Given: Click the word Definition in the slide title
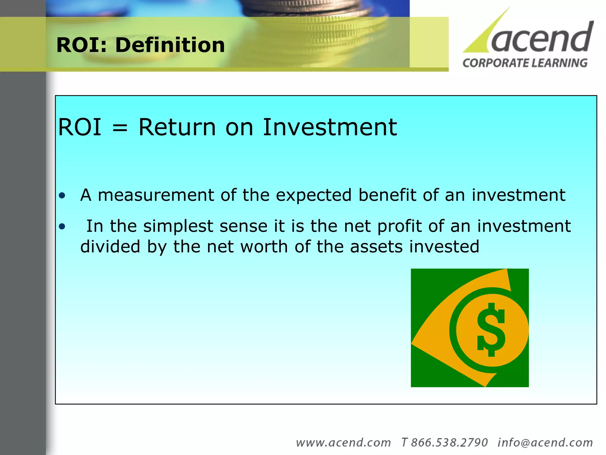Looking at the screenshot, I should pyautogui.click(x=170, y=45).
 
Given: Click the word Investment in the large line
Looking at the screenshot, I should pyautogui.click(x=330, y=127).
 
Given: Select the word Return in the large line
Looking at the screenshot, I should pyautogui.click(x=177, y=127).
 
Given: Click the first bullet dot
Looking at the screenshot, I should pyautogui.click(x=62, y=196).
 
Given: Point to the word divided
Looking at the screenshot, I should pyautogui.click(x=110, y=247).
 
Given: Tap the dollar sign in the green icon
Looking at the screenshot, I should pyautogui.click(x=491, y=330).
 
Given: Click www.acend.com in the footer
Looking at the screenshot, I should pyautogui.click(x=343, y=443).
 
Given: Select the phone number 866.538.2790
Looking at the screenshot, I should pyautogui.click(x=449, y=443).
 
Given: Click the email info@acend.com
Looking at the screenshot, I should pyautogui.click(x=545, y=443).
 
